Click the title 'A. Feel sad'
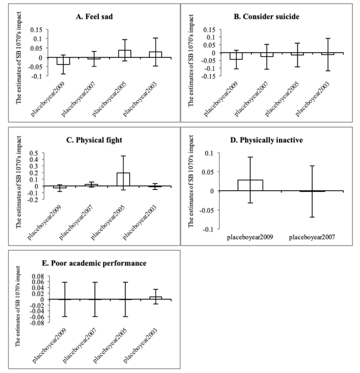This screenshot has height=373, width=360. click(x=94, y=17)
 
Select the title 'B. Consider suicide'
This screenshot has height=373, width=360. click(x=266, y=17)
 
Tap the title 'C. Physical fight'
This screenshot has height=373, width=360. click(x=94, y=140)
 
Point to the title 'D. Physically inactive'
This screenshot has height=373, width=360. click(x=266, y=140)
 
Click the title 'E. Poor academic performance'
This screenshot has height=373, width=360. click(x=94, y=263)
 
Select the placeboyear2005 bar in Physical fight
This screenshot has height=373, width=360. click(x=123, y=179)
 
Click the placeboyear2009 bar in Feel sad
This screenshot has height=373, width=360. click(x=63, y=61)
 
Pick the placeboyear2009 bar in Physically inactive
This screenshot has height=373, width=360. click(x=250, y=185)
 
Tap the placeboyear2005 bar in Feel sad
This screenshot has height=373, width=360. click(x=125, y=54)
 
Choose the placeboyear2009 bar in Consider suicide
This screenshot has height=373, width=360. click(x=236, y=56)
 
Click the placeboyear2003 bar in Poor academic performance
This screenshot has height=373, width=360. click(x=156, y=298)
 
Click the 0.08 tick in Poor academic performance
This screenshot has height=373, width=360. click(x=38, y=276)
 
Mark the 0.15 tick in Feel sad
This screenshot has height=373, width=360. click(x=36, y=30)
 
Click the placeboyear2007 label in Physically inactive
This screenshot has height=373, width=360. click(x=312, y=237)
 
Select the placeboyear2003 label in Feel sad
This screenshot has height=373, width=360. click(x=140, y=99)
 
